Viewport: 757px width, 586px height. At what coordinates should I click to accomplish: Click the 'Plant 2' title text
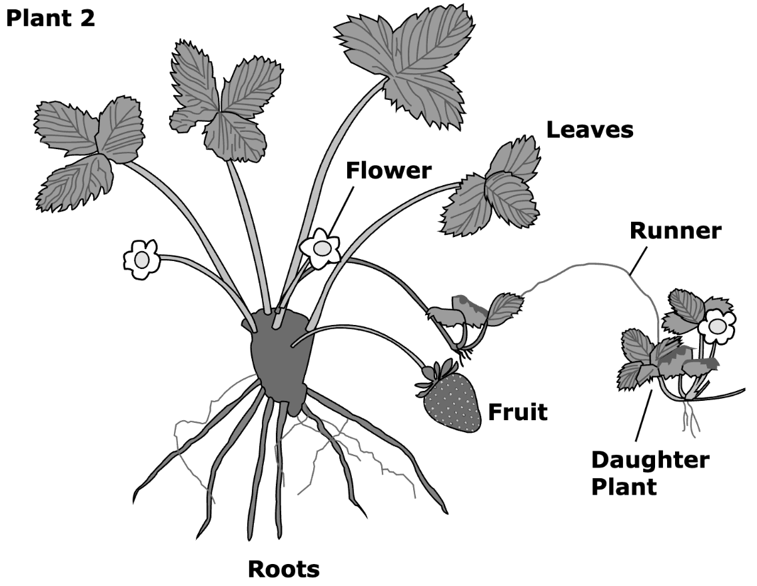point(51,19)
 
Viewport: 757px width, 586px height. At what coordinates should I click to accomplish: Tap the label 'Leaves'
point(590,130)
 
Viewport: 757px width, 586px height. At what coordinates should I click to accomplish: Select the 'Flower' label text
point(388,170)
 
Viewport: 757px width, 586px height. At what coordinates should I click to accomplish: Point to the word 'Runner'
point(676,230)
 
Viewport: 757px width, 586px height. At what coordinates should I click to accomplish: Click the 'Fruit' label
point(518,412)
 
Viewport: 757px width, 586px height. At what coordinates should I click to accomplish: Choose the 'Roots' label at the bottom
point(284,569)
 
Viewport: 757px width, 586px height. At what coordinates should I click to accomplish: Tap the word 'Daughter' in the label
point(650,460)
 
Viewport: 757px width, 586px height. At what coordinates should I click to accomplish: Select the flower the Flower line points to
point(320,248)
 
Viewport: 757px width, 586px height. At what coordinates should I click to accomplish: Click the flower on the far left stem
point(141,259)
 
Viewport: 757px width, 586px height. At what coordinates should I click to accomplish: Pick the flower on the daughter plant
point(717,326)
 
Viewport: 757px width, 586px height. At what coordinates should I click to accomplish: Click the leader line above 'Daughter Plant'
point(644,416)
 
